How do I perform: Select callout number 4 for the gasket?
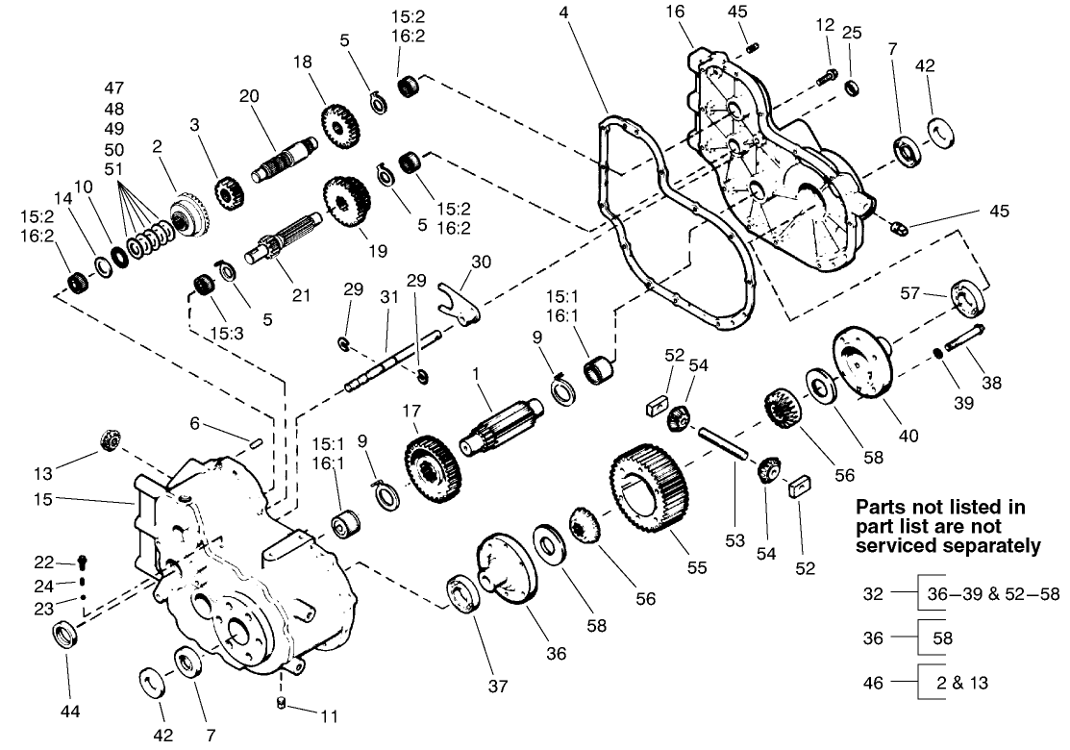tap(564, 12)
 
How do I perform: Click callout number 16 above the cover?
tap(673, 12)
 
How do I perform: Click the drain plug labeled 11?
tap(281, 703)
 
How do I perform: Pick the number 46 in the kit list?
tap(872, 683)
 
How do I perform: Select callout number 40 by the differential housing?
tap(908, 435)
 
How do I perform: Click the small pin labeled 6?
tap(254, 441)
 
